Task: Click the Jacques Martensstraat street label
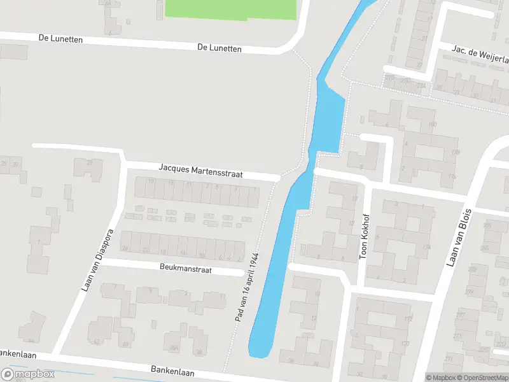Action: point(200,171)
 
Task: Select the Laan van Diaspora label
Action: point(97,260)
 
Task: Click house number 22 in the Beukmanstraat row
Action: point(145,249)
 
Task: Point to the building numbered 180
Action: point(433,125)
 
